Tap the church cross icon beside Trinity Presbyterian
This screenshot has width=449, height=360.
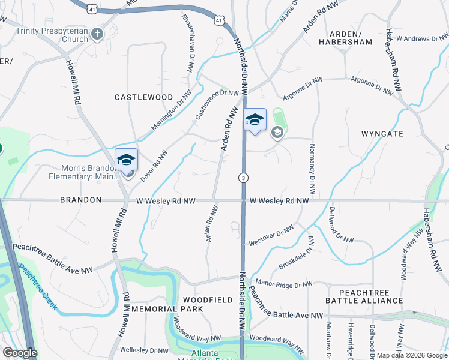[98, 35]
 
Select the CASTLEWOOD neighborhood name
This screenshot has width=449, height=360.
[143, 97]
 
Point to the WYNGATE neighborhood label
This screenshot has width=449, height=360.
[383, 134]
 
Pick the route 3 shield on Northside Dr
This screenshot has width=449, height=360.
[243, 178]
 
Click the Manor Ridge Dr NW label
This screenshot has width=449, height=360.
[284, 283]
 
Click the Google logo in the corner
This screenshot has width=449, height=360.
[20, 353]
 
